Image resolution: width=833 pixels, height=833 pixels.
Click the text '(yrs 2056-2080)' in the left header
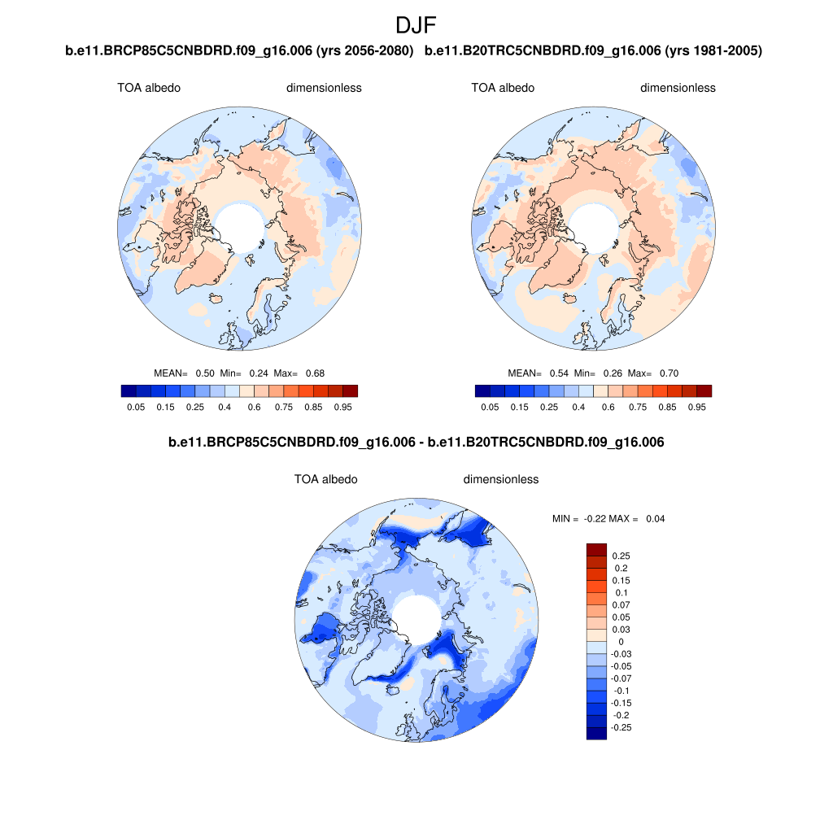click(370, 51)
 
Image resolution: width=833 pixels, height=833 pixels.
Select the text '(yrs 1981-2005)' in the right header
click(713, 51)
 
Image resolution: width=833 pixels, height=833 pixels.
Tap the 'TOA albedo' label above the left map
click(149, 88)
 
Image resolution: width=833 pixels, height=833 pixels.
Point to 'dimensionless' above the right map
click(678, 88)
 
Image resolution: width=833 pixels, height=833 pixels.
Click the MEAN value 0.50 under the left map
click(205, 373)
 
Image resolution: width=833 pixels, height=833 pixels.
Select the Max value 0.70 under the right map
click(669, 373)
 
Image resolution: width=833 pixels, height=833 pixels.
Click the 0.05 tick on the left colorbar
click(136, 407)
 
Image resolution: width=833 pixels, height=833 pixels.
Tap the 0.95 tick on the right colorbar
click(696, 407)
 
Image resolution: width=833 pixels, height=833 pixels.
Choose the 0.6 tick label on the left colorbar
click(254, 407)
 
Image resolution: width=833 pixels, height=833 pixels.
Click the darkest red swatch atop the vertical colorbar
click(596, 549)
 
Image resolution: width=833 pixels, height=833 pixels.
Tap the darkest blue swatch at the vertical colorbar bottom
click(596, 733)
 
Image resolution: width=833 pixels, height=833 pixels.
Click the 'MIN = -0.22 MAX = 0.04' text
click(608, 518)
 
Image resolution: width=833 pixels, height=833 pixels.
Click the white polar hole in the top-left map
click(240, 225)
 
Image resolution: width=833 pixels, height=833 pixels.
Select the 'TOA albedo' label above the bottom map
click(325, 480)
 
